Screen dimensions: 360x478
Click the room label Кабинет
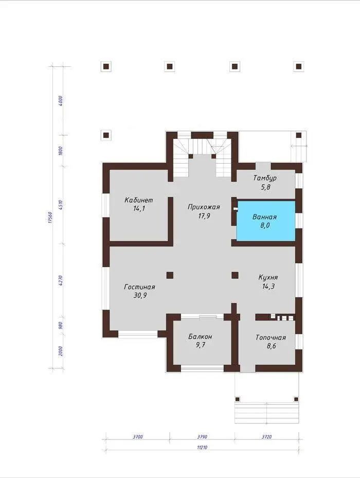click(x=139, y=200)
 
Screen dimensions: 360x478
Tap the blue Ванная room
click(x=266, y=221)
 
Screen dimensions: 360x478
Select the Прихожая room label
click(x=204, y=207)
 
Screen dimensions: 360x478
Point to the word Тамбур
click(x=265, y=178)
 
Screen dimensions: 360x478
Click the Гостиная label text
click(x=139, y=287)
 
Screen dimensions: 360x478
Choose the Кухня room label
click(x=268, y=277)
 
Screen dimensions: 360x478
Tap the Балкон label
click(x=200, y=337)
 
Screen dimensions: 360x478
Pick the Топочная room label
click(x=271, y=338)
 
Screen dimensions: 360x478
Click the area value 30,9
click(x=140, y=295)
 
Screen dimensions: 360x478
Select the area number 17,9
click(x=204, y=216)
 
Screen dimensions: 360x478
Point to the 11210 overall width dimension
click(x=202, y=448)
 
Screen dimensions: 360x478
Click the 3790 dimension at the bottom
click(x=202, y=437)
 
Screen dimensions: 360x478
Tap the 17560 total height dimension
click(x=50, y=217)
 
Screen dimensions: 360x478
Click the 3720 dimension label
click(x=267, y=437)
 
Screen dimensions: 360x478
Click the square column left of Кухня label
click(x=235, y=276)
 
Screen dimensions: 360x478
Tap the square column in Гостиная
click(x=170, y=276)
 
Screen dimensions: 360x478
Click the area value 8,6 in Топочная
click(x=271, y=346)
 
